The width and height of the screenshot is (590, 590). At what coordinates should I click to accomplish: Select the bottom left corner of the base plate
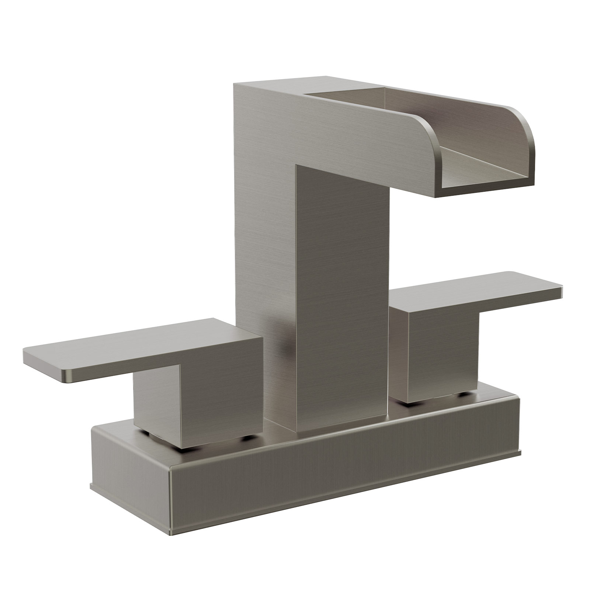tap(92, 476)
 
